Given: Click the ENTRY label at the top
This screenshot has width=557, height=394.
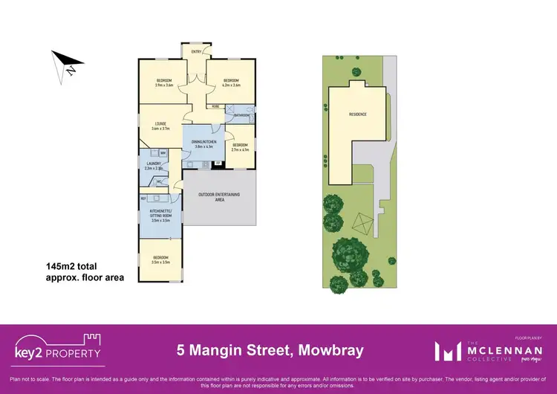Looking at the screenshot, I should point(196,51).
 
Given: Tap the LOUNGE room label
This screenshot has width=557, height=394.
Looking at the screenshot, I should point(160,123).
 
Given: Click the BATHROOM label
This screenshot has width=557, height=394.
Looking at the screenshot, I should point(242,115).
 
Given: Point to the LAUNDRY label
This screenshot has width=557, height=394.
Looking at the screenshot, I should point(154,164).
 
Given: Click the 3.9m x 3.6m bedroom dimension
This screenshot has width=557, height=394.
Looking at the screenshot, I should point(163,85).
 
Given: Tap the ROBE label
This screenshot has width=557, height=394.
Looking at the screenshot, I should point(215,107).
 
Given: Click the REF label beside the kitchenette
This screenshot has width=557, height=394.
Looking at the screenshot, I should point(143,198).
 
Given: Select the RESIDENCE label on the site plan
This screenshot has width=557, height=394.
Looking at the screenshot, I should point(359,114).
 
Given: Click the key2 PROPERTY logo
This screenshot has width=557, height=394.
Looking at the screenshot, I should point(58,348).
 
